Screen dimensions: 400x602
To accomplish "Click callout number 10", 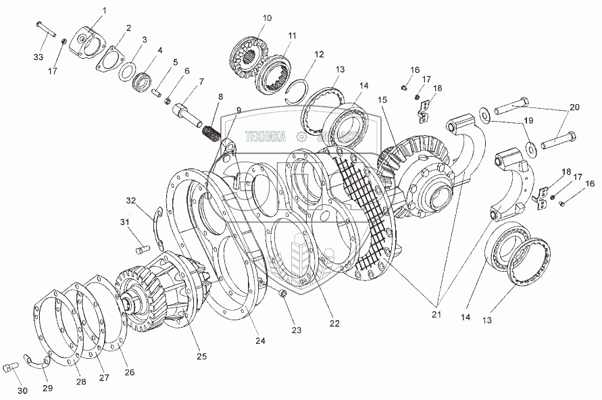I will click(x=268, y=18).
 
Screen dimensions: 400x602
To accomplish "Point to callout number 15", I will click(x=383, y=100).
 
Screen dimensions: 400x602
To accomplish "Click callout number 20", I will click(x=574, y=107).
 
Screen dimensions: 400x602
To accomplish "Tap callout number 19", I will click(x=529, y=121).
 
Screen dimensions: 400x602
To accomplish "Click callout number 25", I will click(x=201, y=356).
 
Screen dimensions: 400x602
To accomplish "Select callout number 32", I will click(x=130, y=200).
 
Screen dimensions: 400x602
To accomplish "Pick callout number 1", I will click(x=104, y=10).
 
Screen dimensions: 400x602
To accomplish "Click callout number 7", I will click(x=201, y=82).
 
